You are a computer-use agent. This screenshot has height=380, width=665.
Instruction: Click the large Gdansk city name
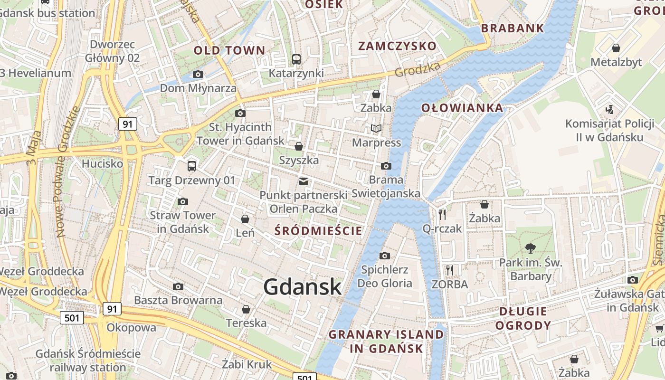(x=303, y=287)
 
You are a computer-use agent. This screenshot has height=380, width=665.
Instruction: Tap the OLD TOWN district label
(x=229, y=50)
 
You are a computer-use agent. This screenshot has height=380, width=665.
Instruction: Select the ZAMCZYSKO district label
(x=397, y=46)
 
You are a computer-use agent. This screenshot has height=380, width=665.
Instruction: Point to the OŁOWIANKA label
(x=462, y=108)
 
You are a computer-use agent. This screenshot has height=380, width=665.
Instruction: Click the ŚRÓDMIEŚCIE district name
(x=319, y=231)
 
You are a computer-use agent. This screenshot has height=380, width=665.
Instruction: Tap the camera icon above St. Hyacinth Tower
(x=240, y=113)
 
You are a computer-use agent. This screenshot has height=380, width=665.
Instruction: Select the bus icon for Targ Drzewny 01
(x=192, y=166)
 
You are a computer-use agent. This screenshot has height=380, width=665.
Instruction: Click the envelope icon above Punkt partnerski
(x=304, y=181)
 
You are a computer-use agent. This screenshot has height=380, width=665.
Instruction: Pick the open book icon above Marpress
(x=376, y=128)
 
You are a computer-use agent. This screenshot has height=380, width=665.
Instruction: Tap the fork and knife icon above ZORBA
(x=449, y=270)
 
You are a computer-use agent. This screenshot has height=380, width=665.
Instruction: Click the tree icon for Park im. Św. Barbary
(x=531, y=248)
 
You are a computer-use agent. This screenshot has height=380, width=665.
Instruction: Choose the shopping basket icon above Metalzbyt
(x=616, y=48)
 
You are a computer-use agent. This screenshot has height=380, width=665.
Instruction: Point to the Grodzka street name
(x=418, y=69)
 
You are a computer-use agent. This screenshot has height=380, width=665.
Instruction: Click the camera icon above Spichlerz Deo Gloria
(x=385, y=256)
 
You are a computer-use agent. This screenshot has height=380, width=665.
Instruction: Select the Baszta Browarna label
(x=178, y=300)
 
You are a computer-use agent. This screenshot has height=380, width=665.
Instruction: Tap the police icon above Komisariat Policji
(x=610, y=110)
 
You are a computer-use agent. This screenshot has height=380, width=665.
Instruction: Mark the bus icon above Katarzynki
(x=296, y=59)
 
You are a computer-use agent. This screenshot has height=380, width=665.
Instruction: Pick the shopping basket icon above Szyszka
(x=299, y=146)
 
